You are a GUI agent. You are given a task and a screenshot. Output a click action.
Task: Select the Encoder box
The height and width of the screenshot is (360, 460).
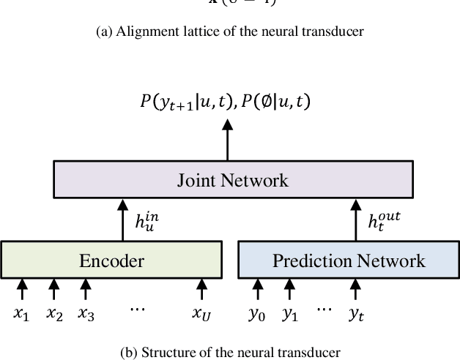click(111, 260)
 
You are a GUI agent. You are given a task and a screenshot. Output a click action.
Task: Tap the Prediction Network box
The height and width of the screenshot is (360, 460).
click(349, 260)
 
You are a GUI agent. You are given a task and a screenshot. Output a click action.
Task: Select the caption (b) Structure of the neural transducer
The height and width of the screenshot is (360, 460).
click(230, 352)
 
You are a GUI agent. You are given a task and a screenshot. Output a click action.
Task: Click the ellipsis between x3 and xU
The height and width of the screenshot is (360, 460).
click(138, 310)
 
